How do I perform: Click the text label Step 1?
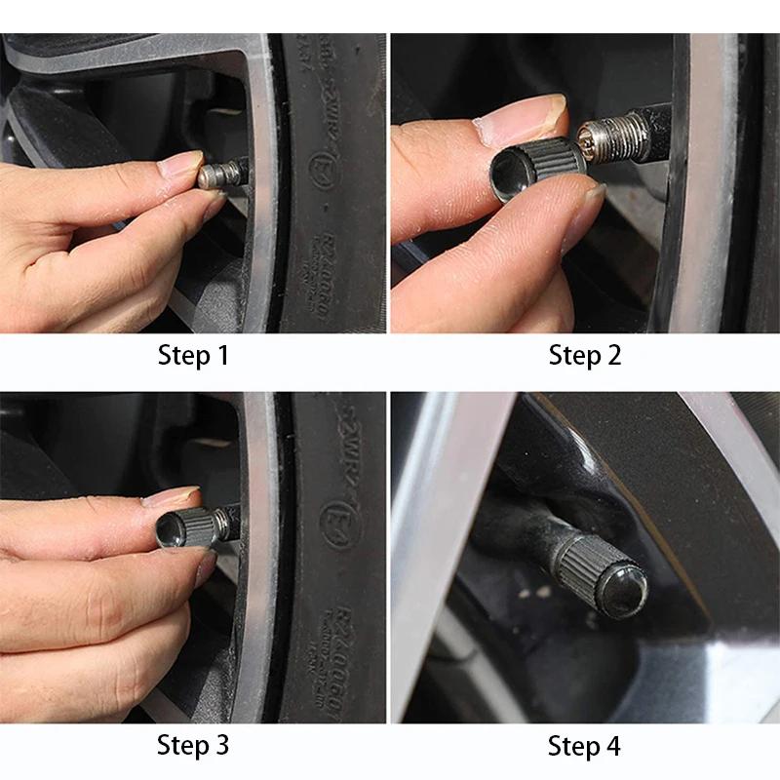pyautogui.click(x=193, y=356)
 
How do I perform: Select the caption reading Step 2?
pyautogui.click(x=584, y=356)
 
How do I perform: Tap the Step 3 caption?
pyautogui.click(x=193, y=747)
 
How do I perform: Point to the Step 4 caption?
pyautogui.click(x=584, y=747)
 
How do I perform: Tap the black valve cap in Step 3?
pyautogui.click(x=186, y=527)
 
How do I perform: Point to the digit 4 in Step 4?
pyautogui.click(x=612, y=747)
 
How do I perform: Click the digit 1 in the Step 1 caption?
pyautogui.click(x=220, y=356)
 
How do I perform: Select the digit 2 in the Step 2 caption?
pyautogui.click(x=612, y=356)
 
